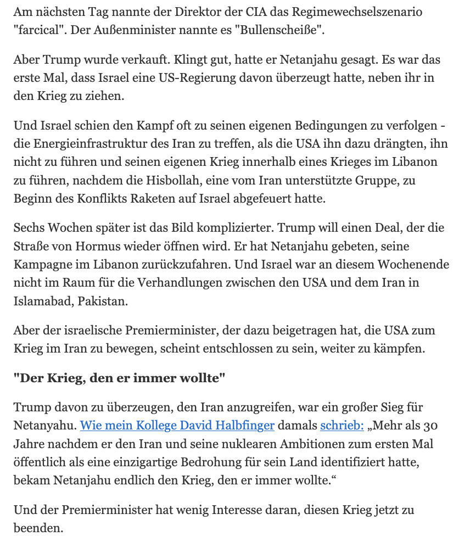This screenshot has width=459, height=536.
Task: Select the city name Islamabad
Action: [x=43, y=301]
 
